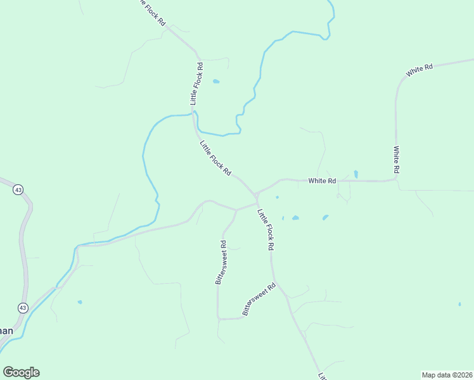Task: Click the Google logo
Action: pyautogui.click(x=21, y=372)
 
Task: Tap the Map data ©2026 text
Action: pyautogui.click(x=446, y=375)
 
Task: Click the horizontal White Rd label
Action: pyautogui.click(x=322, y=180)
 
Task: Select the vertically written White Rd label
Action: pyautogui.click(x=396, y=160)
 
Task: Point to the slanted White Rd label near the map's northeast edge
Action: pyautogui.click(x=420, y=70)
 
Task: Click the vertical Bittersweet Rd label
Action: pyautogui.click(x=221, y=262)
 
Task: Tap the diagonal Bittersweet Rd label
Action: pyautogui.click(x=260, y=299)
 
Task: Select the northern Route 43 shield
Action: pyautogui.click(x=18, y=189)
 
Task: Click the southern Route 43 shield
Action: pyautogui.click(x=23, y=308)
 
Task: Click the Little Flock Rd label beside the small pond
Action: pyautogui.click(x=197, y=83)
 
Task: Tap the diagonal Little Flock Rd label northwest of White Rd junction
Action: pyautogui.click(x=215, y=158)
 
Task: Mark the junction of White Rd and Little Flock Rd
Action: pyautogui.click(x=256, y=193)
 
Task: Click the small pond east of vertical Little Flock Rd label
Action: pyautogui.click(x=216, y=82)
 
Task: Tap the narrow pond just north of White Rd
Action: pyautogui.click(x=356, y=174)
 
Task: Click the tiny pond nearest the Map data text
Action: pyautogui.click(x=459, y=305)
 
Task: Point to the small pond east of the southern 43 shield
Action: pyautogui.click(x=80, y=302)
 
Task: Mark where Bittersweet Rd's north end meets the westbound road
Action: pyautogui.click(x=236, y=210)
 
